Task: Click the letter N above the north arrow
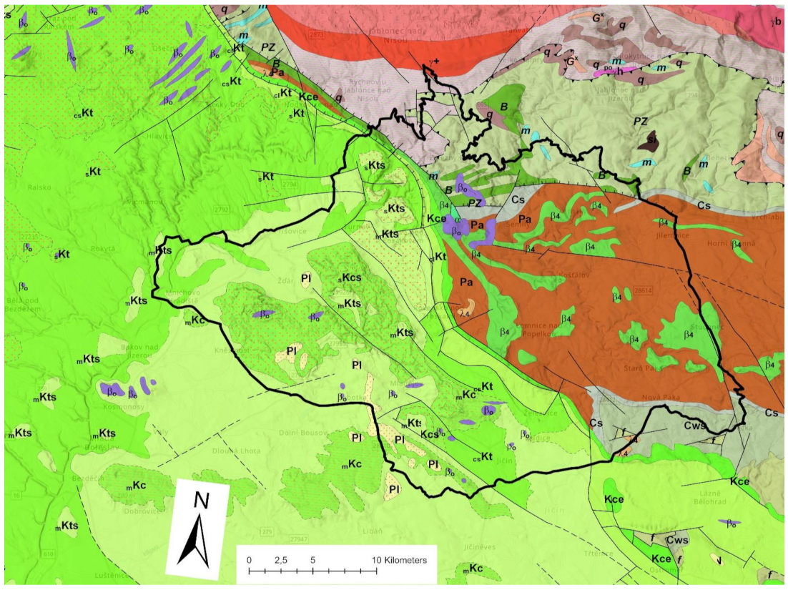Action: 202,501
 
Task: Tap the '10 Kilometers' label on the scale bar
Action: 399,559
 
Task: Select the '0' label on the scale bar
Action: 249,559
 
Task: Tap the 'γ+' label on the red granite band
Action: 431,62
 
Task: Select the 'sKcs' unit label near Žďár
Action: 352,277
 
